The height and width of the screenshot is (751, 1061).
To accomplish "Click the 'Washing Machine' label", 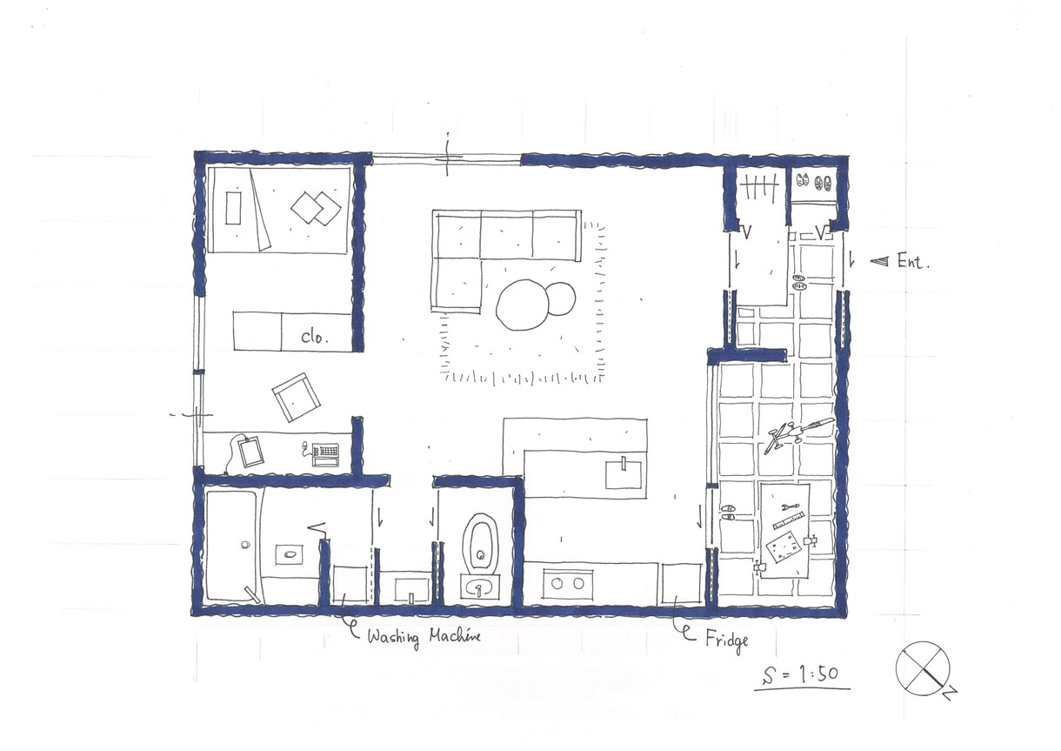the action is [424, 637].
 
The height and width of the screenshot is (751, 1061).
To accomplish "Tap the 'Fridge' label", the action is [727, 640].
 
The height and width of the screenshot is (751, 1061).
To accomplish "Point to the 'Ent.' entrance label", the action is [913, 262].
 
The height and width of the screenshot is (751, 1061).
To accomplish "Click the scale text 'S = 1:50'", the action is [801, 674].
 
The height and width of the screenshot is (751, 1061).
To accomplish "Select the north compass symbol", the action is [923, 669].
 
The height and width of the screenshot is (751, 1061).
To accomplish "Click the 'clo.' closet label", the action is [315, 337].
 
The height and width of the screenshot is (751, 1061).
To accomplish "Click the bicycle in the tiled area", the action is [798, 433].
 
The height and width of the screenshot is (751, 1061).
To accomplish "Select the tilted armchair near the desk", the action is [296, 397].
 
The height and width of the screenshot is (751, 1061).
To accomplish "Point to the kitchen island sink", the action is [624, 473].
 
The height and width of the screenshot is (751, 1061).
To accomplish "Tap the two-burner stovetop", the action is [567, 584].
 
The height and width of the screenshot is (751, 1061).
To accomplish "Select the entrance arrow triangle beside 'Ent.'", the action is [879, 261].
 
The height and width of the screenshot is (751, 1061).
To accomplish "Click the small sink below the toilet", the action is [479, 588].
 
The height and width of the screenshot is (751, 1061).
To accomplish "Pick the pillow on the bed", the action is [232, 207].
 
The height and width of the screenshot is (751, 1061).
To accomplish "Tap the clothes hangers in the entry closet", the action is [761, 187].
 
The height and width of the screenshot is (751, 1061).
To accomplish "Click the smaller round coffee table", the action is [561, 298].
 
